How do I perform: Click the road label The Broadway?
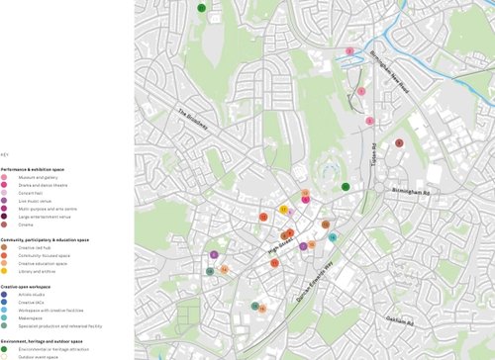tap(196, 121)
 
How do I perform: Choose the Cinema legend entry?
tap(25, 225)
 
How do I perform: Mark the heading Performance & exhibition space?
tap(39, 169)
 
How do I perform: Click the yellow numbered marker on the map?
tap(283, 210)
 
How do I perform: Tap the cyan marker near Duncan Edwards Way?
tap(333, 237)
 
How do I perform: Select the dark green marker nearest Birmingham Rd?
tap(346, 186)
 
